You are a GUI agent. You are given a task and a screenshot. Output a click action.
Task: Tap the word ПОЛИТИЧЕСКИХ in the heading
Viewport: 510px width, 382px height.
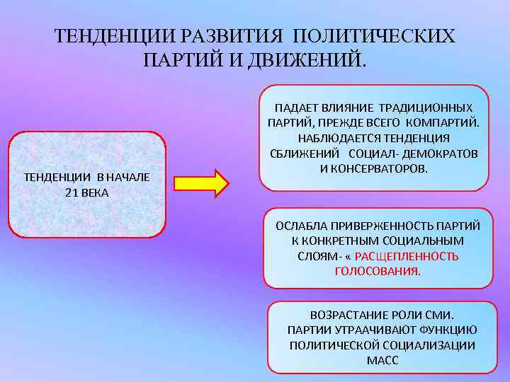(x=375, y=36)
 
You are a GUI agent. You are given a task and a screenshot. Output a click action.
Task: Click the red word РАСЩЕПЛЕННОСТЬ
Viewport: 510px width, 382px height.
(x=406, y=256)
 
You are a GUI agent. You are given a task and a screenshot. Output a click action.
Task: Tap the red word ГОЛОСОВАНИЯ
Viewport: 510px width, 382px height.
(x=377, y=272)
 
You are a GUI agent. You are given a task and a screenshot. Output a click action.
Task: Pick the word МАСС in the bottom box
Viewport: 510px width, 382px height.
(x=382, y=361)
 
